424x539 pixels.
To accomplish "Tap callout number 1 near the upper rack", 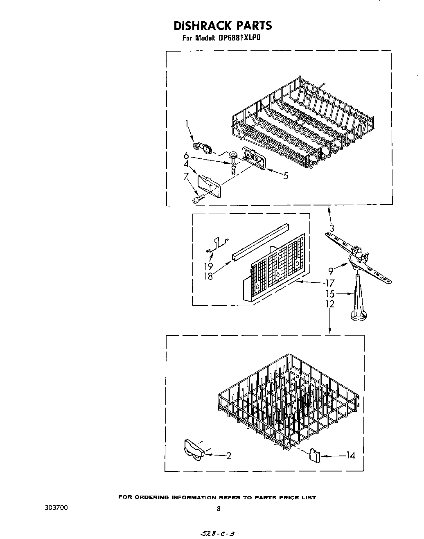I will (187, 124).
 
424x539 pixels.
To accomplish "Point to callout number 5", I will (286, 176).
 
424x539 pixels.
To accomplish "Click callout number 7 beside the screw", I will (186, 177).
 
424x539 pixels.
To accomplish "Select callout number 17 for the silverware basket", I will (330, 283).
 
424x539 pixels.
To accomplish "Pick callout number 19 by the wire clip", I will (209, 266).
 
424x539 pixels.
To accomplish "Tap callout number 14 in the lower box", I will (350, 455).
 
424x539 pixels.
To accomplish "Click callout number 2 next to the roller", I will (228, 456).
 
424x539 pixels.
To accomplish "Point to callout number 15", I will (330, 294).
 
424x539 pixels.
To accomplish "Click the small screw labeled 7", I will (197, 199).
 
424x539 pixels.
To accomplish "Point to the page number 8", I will (219, 509).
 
